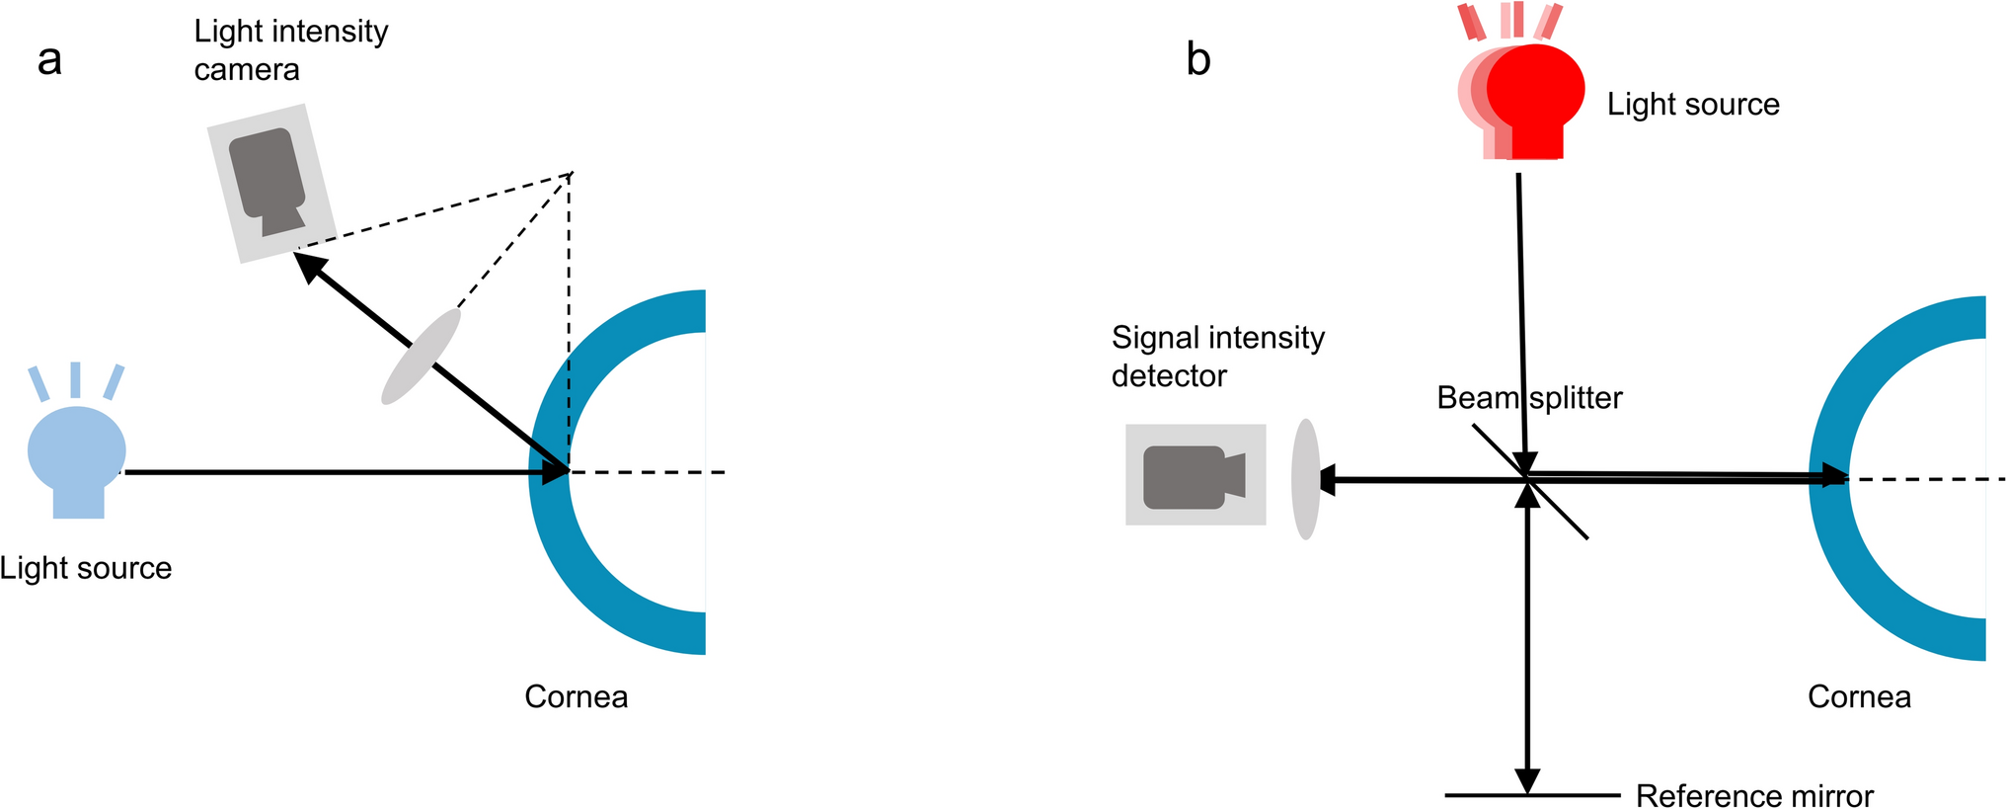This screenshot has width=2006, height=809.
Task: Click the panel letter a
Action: [x=49, y=60]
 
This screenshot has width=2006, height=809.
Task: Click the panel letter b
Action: [x=1197, y=60]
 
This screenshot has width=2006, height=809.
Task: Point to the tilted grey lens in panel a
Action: [x=422, y=357]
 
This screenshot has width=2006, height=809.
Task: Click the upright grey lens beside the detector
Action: [x=1306, y=479]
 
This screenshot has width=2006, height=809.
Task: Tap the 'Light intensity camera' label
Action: [x=290, y=50]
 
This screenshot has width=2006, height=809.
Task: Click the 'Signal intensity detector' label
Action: [x=1217, y=357]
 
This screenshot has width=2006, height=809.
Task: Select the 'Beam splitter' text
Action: [x=1529, y=398]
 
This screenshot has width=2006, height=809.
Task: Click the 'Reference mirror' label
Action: [x=1753, y=795]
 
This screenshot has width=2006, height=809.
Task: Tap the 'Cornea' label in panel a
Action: [x=576, y=696]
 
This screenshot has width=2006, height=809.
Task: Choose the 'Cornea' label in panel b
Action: [x=1859, y=696]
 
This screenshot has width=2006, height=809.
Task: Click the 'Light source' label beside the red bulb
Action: [x=1693, y=104]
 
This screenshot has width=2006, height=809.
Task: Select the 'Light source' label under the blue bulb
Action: [x=86, y=568]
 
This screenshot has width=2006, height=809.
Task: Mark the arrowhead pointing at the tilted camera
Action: [x=309, y=266]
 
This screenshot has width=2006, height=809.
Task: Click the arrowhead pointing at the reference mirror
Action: [x=1527, y=781]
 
